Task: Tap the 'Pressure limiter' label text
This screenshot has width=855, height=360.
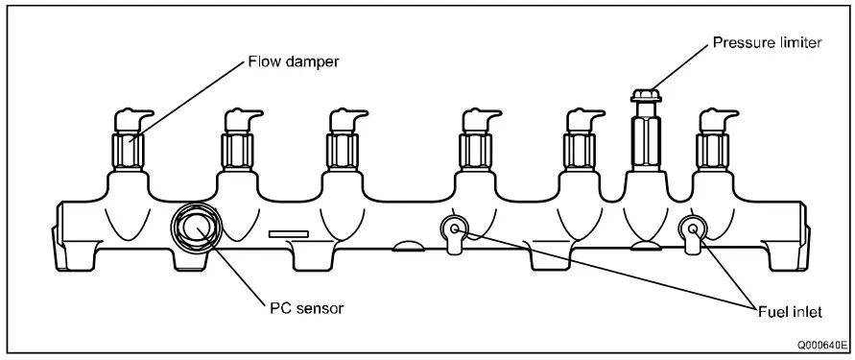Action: pos(765,44)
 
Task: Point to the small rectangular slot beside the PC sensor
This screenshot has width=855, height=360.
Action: pos(288,233)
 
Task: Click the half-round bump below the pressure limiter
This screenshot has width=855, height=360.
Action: pos(643,244)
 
